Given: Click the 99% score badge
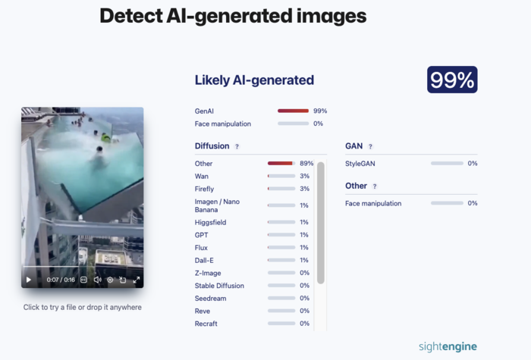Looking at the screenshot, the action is click(452, 80).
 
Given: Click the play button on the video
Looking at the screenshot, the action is click(29, 280).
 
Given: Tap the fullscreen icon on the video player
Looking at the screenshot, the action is click(136, 280).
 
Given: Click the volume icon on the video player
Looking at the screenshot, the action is click(98, 280).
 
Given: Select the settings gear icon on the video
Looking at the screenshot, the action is click(110, 280).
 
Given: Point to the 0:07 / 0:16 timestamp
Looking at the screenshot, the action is click(61, 280).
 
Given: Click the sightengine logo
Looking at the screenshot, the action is click(448, 346).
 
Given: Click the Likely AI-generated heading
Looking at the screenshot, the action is click(254, 80).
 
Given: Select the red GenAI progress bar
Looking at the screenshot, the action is click(293, 111).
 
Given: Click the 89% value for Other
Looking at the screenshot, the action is click(306, 163).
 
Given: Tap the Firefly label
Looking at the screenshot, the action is click(204, 189).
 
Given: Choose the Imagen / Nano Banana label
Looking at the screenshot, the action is click(217, 205).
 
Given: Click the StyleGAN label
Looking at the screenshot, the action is click(360, 164).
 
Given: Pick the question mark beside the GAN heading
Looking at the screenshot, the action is click(370, 146).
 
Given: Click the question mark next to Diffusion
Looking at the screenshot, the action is click(237, 146).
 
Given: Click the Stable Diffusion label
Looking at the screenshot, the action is click(219, 286).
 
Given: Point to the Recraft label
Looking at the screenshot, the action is click(206, 324).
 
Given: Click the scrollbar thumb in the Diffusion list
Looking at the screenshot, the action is click(321, 223).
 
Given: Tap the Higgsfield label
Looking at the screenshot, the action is click(210, 222).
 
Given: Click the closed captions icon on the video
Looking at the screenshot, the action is click(83, 280).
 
